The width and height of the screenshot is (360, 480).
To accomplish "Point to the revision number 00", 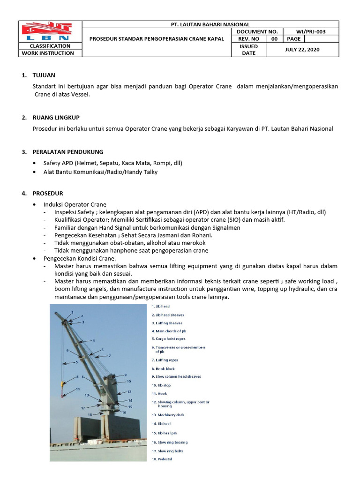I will pos(274,39).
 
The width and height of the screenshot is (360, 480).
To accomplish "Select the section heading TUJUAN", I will pos(44,75).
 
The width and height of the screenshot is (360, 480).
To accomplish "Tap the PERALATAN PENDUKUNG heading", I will pos(67,152).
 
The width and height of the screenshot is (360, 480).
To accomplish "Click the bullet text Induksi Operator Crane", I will pos(75,204).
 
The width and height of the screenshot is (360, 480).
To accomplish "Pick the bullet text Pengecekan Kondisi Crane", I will pos(79,258).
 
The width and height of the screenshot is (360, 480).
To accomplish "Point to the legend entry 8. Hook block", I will pos(163,369).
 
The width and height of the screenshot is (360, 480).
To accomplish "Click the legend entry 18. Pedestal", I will pos(162,459).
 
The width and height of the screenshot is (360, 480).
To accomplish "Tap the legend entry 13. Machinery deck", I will pos(168,415).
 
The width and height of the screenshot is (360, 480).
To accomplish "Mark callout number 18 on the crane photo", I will pos(90,415).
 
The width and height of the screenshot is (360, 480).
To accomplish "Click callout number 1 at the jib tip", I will pos(72,312).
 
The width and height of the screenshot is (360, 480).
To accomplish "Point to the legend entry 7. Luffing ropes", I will pos(165,360).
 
